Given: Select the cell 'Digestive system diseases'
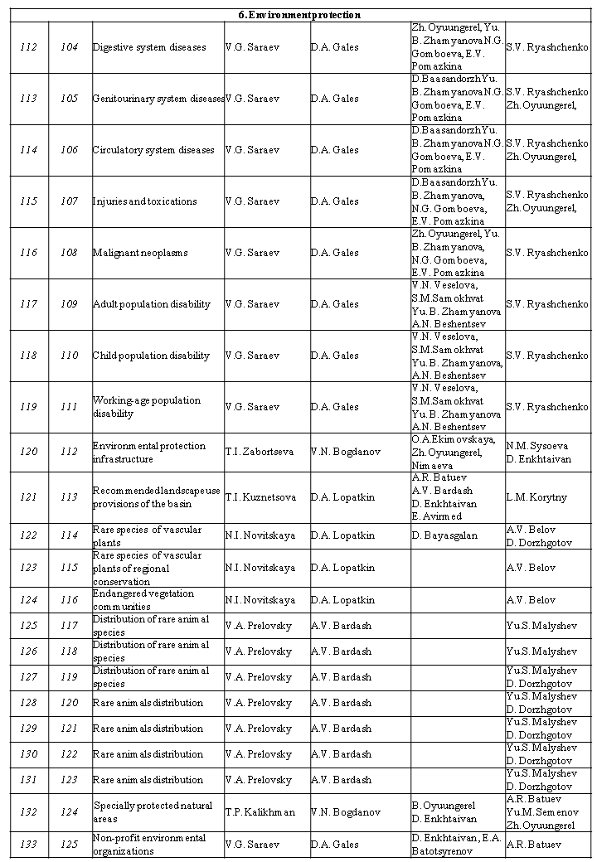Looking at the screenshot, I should [x=149, y=47].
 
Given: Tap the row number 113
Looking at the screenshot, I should [x=28, y=99].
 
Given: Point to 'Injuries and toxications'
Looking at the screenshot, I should [x=145, y=201].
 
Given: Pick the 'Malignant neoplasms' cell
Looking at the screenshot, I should [x=140, y=253].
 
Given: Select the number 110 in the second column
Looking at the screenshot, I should [x=69, y=356].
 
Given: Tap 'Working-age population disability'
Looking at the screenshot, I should [x=147, y=406].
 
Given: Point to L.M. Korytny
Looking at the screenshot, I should [x=536, y=496].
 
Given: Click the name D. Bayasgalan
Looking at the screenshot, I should [x=444, y=535].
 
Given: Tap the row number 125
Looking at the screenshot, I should [x=28, y=626].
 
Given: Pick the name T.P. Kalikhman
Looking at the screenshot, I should [x=260, y=812].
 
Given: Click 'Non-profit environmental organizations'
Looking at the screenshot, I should [x=149, y=844].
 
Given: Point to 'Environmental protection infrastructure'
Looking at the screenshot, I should [x=149, y=452].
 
